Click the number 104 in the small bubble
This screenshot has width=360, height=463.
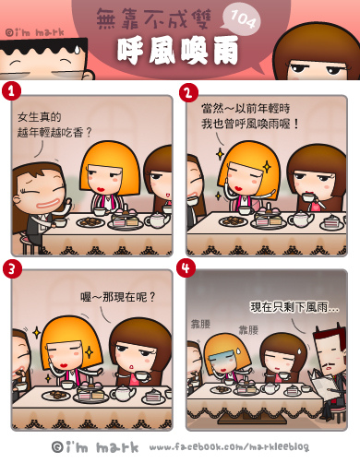pyautogui.click(x=243, y=19)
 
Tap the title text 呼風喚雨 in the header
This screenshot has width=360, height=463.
pyautogui.click(x=178, y=51)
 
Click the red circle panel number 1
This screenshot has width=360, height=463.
pyautogui.click(x=11, y=90)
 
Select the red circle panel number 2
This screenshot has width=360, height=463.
pyautogui.click(x=188, y=92)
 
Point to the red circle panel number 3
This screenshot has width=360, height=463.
pyautogui.click(x=12, y=268)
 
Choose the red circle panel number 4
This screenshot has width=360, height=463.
pyautogui.click(x=186, y=267)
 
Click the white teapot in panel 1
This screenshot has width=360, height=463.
pyautogui.click(x=156, y=220)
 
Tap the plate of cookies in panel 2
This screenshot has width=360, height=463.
pyautogui.click(x=234, y=220)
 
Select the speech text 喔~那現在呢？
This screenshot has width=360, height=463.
pyautogui.click(x=118, y=297)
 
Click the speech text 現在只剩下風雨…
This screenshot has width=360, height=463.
pyautogui.click(x=294, y=307)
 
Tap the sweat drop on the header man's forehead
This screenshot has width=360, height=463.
pyautogui.click(x=77, y=50)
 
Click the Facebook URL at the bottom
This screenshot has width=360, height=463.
pyautogui.click(x=229, y=447)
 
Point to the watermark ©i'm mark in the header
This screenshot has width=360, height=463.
pyautogui.click(x=35, y=32)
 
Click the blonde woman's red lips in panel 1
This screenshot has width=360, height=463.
pyautogui.click(x=102, y=188)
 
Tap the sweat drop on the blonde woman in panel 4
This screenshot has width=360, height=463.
pyautogui.click(x=237, y=350)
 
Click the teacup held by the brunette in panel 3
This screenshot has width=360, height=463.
pyautogui.click(x=142, y=375)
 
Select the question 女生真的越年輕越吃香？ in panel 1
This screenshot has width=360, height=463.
pyautogui.click(x=54, y=125)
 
